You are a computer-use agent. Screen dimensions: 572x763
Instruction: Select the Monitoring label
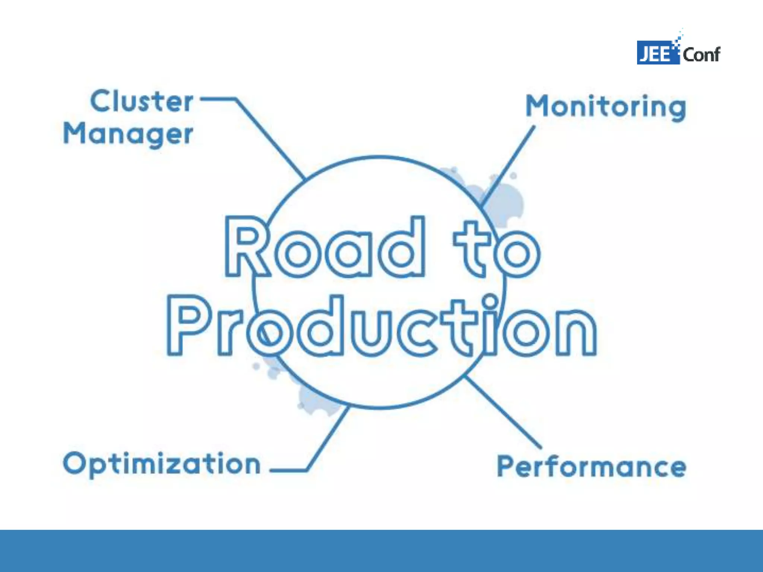click(606, 107)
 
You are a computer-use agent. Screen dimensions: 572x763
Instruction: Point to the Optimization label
click(162, 464)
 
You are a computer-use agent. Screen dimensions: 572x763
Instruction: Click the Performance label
click(591, 466)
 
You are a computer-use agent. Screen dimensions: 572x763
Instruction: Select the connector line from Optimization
click(328, 439)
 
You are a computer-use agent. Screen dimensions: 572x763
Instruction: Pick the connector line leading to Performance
click(503, 411)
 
